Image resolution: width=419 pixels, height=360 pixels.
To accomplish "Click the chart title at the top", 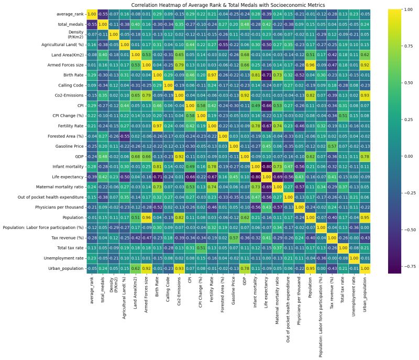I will click(210, 4).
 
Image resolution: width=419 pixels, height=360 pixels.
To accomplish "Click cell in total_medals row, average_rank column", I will click(92, 24).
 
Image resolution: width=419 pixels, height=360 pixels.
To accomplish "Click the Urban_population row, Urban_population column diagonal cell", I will click(365, 267).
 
